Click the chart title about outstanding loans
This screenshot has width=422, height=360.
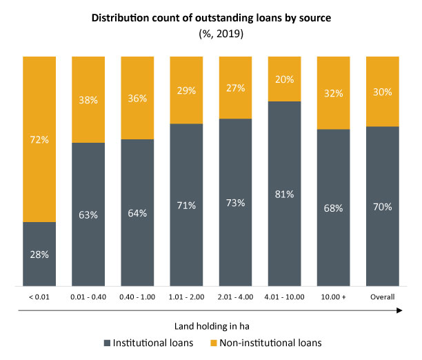point(212,18)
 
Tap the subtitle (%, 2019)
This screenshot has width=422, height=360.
point(212,32)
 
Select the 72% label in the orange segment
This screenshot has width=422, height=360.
point(39,139)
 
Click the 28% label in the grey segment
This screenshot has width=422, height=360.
point(39,254)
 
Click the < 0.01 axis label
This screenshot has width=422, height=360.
point(39,297)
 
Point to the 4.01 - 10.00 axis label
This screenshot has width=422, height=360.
point(284,297)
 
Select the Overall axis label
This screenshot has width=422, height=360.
point(383,297)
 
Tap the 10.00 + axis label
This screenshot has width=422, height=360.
point(334,297)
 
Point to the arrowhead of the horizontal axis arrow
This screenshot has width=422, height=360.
point(399,311)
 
